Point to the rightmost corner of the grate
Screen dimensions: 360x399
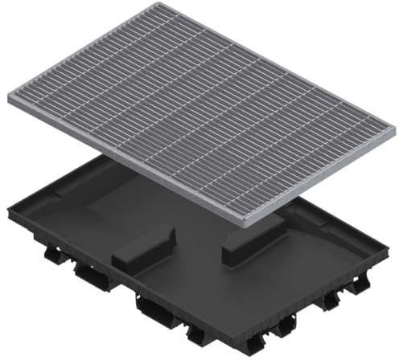coord(394,129)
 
